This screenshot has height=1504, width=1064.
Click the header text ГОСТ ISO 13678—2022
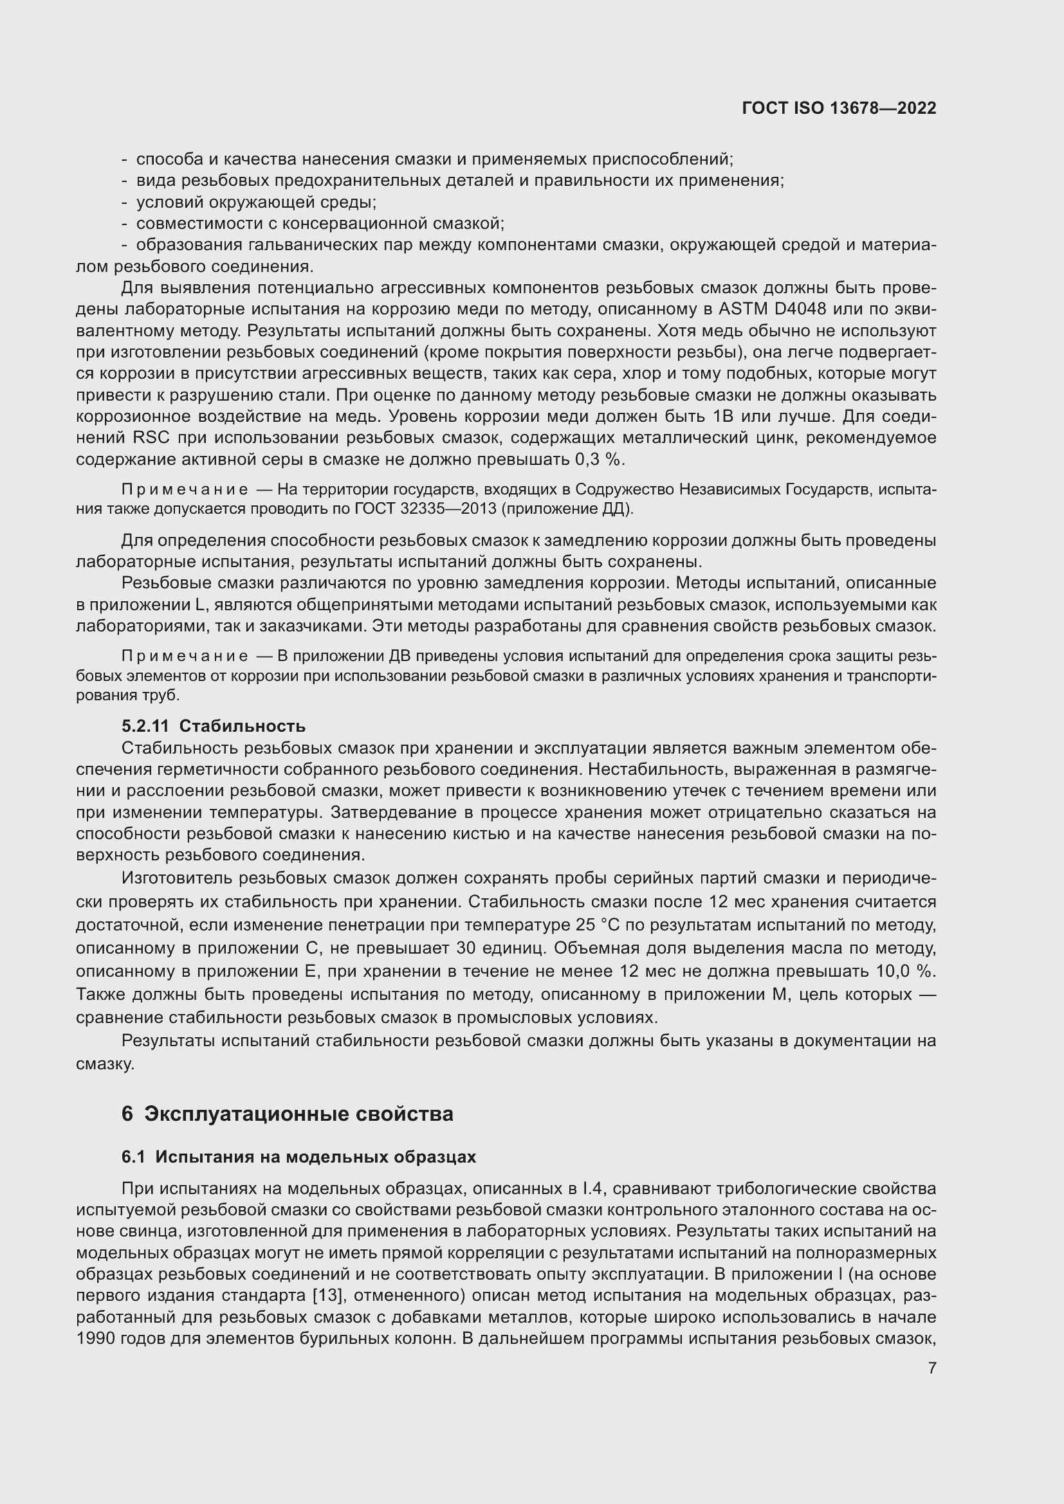point(839,108)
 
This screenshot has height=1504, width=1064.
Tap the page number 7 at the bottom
point(931,1368)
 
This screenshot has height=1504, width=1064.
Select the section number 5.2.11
point(145,726)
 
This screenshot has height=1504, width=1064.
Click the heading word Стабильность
point(242,726)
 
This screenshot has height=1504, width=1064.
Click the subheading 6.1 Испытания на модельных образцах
point(298,1157)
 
